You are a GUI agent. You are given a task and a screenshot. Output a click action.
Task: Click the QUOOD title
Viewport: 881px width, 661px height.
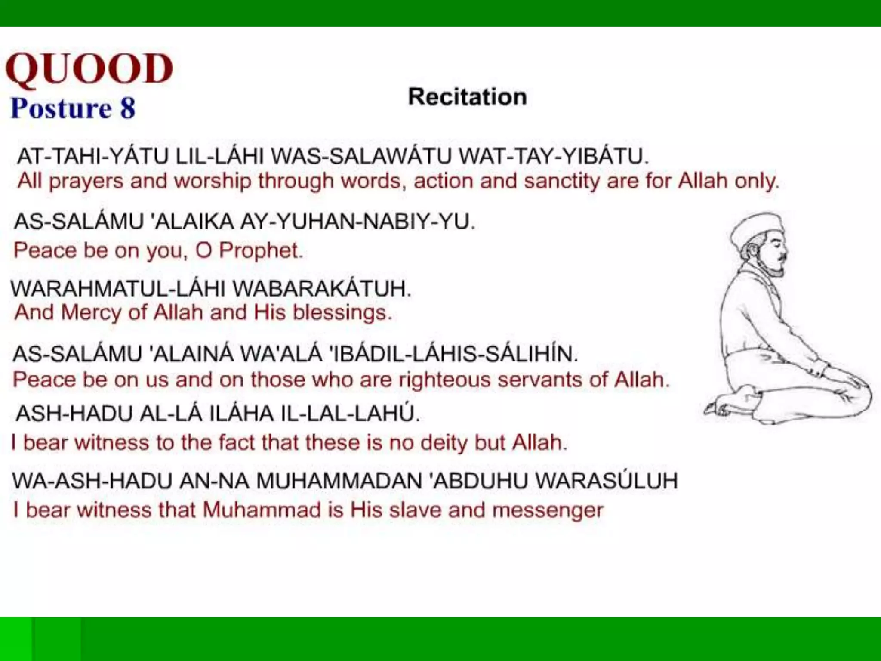(x=89, y=69)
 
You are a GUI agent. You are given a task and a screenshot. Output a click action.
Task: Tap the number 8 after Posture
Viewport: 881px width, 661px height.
(x=128, y=108)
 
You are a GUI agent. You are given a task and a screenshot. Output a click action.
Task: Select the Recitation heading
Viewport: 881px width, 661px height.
(x=467, y=96)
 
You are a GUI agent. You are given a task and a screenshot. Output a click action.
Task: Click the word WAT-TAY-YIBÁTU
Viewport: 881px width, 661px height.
(x=553, y=156)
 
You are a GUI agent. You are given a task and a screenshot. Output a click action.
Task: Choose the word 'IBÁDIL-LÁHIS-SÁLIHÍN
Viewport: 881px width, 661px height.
(x=453, y=354)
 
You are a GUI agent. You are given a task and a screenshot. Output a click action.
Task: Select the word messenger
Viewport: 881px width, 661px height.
(x=548, y=510)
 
